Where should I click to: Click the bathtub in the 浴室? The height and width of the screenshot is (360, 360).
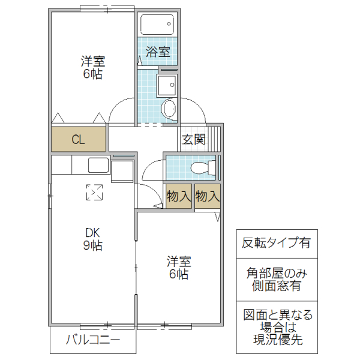pos(157,25)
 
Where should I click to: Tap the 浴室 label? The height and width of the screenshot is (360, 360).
pos(158,52)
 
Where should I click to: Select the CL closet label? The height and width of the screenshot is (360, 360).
pos(79,140)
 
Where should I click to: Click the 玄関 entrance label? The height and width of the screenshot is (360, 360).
pos(194,140)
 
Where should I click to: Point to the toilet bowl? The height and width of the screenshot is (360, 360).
pos(197,167)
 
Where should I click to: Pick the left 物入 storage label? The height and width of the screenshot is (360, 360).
pos(179,196)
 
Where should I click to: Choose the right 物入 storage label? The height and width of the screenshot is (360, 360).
pos(208,196)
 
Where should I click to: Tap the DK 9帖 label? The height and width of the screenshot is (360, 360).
pos(92,239)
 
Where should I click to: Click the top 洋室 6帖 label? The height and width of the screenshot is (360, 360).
pos(92,67)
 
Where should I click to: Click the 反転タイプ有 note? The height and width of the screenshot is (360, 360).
pos(276,244)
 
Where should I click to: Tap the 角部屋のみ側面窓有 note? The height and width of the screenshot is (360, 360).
pos(276,279)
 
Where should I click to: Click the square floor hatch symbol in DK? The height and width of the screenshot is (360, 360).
pos(94,193)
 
